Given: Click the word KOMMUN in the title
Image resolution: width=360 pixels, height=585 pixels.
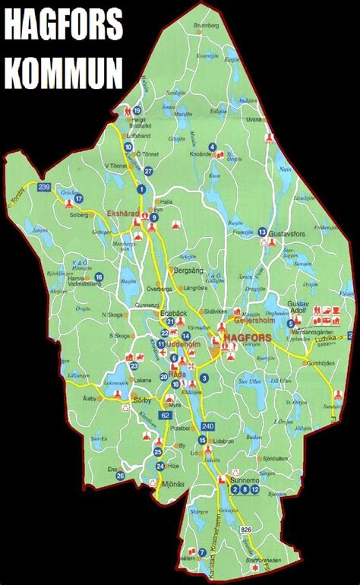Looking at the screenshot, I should (x=62, y=74).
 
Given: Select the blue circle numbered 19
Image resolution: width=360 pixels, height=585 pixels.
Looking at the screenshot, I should (x=137, y=110).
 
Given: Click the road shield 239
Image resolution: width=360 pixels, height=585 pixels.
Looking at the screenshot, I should (x=44, y=187).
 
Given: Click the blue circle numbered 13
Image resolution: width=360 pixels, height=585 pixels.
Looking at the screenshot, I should (x=261, y=232).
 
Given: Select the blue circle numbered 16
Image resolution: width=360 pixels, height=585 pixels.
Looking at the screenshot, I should (x=99, y=277).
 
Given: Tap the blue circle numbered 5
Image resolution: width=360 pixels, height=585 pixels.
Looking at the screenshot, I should (x=291, y=324).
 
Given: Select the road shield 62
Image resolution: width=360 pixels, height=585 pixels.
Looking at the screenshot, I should (x=166, y=415).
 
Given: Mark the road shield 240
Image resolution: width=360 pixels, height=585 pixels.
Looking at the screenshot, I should (x=209, y=425).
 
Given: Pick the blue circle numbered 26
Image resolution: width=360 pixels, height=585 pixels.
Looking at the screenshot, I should (x=121, y=476).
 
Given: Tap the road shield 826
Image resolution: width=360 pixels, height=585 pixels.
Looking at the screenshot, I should (x=245, y=529).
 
